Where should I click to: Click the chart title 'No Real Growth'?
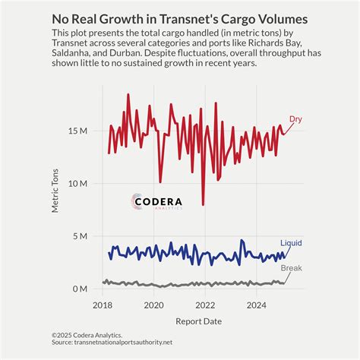pos(179,18)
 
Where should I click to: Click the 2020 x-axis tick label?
pos(153,305)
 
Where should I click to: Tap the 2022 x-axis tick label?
pos(205,305)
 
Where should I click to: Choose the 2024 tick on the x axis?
pos(257,305)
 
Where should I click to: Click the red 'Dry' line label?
pos(295,118)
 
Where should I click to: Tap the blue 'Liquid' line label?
pos(291,243)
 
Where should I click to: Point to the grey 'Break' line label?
pos(292,268)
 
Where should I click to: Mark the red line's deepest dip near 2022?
pos(203,204)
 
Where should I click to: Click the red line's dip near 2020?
pos(159,182)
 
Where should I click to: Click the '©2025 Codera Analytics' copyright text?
pos(87,334)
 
